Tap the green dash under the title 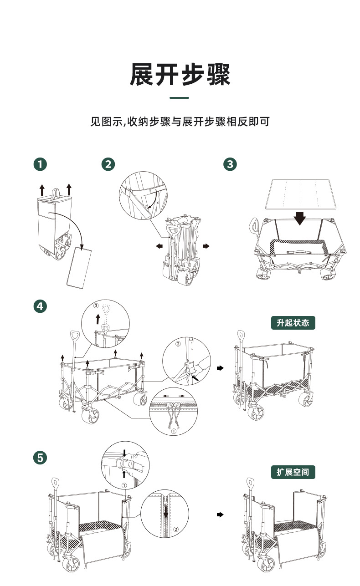pos(179,98)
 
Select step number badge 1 pos(41,164)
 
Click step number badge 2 pos(108,164)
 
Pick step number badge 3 pos(230,164)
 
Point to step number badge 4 pos(41,306)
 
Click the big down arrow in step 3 pos(299,218)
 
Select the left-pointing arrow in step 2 pos(159,246)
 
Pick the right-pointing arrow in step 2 pos(206,246)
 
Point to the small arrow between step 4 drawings pos(221,367)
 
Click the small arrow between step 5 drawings pos(221,515)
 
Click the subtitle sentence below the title pos(180,122)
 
